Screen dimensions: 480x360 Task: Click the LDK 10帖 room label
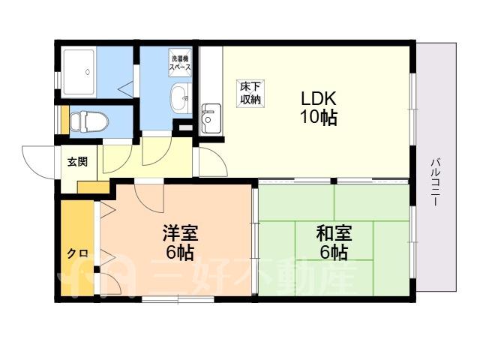click(319, 108)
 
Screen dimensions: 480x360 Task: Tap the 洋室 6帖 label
click(180, 242)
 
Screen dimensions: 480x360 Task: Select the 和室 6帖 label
click(334, 242)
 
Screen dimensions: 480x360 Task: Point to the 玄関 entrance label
click(77, 161)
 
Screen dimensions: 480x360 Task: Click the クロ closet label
click(78, 253)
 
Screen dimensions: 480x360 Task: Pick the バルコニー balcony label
click(435, 182)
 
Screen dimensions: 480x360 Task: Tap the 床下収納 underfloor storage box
click(250, 94)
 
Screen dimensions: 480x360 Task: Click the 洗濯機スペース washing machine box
click(181, 63)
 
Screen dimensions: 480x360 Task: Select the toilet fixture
click(89, 121)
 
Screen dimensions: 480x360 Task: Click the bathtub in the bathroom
click(79, 72)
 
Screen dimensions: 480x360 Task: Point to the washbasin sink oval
click(179, 97)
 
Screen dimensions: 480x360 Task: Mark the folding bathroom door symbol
click(126, 88)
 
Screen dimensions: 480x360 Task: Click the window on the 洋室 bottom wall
click(178, 299)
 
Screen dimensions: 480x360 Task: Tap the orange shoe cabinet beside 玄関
click(93, 187)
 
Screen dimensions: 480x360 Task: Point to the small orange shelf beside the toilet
click(65, 119)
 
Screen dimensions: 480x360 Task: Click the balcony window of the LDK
click(413, 109)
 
